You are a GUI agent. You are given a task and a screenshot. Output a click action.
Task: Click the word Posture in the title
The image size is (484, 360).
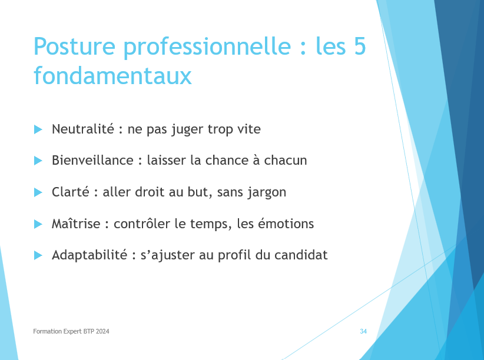click(x=74, y=46)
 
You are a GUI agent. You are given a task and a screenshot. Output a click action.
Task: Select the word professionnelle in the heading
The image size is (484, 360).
click(x=207, y=48)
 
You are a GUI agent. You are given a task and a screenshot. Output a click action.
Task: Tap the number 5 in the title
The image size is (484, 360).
click(x=360, y=46)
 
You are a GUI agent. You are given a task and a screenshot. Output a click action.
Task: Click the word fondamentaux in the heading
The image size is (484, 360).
click(x=112, y=75)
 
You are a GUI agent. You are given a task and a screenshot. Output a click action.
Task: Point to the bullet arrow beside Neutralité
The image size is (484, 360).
click(x=38, y=129)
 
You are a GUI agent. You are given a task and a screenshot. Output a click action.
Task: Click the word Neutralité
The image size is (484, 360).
click(x=83, y=129)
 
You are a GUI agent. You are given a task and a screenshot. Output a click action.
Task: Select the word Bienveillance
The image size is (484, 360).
click(x=92, y=160)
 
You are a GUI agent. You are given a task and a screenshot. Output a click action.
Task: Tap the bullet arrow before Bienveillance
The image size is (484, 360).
click(x=38, y=161)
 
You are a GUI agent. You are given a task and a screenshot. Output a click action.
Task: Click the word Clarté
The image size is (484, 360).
click(x=71, y=192)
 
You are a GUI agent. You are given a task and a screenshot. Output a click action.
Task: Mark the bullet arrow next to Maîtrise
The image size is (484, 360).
click(x=38, y=224)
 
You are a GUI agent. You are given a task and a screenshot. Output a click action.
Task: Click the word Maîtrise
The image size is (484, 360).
click(x=76, y=224)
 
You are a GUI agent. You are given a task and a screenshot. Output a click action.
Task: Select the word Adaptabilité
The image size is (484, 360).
click(x=89, y=255)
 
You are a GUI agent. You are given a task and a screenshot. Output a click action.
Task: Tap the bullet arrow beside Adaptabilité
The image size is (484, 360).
click(x=38, y=255)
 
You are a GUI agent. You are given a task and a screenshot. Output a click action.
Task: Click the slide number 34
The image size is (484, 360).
click(x=363, y=331)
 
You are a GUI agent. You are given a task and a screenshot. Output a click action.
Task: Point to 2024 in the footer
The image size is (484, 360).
click(x=102, y=331)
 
